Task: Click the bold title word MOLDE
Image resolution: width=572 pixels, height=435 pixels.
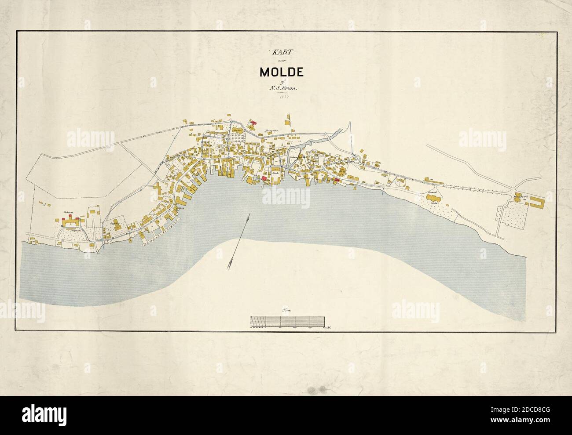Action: tap(285, 72)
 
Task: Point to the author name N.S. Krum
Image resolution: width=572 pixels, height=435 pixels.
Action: tap(286, 88)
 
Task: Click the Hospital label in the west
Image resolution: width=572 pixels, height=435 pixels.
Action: tap(69, 230)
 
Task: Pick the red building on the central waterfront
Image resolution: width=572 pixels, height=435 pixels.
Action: tap(264, 178)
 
